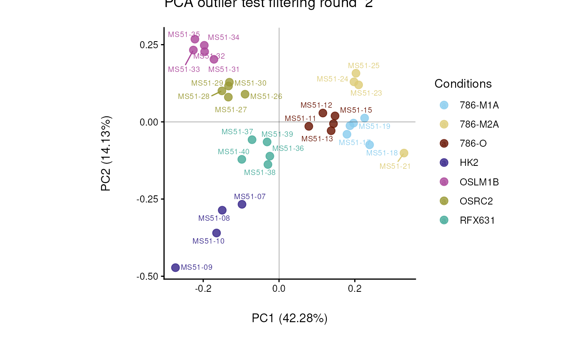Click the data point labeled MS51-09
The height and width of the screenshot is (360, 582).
click(175, 267)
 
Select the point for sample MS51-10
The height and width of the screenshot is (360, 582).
click(216, 233)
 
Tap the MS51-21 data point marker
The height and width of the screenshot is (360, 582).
click(404, 153)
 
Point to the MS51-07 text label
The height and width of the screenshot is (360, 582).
click(249, 197)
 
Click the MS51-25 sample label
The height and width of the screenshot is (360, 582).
click(363, 66)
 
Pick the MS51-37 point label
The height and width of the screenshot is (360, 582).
click(237, 132)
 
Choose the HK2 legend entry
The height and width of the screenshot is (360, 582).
click(469, 163)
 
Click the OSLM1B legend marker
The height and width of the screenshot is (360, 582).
click(444, 182)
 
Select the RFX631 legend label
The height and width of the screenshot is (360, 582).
click(477, 220)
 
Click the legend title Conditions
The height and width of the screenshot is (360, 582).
click(463, 84)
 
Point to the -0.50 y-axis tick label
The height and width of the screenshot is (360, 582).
click(148, 276)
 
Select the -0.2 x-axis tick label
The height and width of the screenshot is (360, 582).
click(203, 288)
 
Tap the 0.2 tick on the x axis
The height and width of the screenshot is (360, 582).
click(355, 288)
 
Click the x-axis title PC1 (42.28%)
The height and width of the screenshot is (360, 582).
click(289, 318)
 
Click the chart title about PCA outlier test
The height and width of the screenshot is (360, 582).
click(269, 4)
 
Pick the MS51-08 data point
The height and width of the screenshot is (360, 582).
click(222, 210)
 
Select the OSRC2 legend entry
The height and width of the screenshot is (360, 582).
click(476, 201)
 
